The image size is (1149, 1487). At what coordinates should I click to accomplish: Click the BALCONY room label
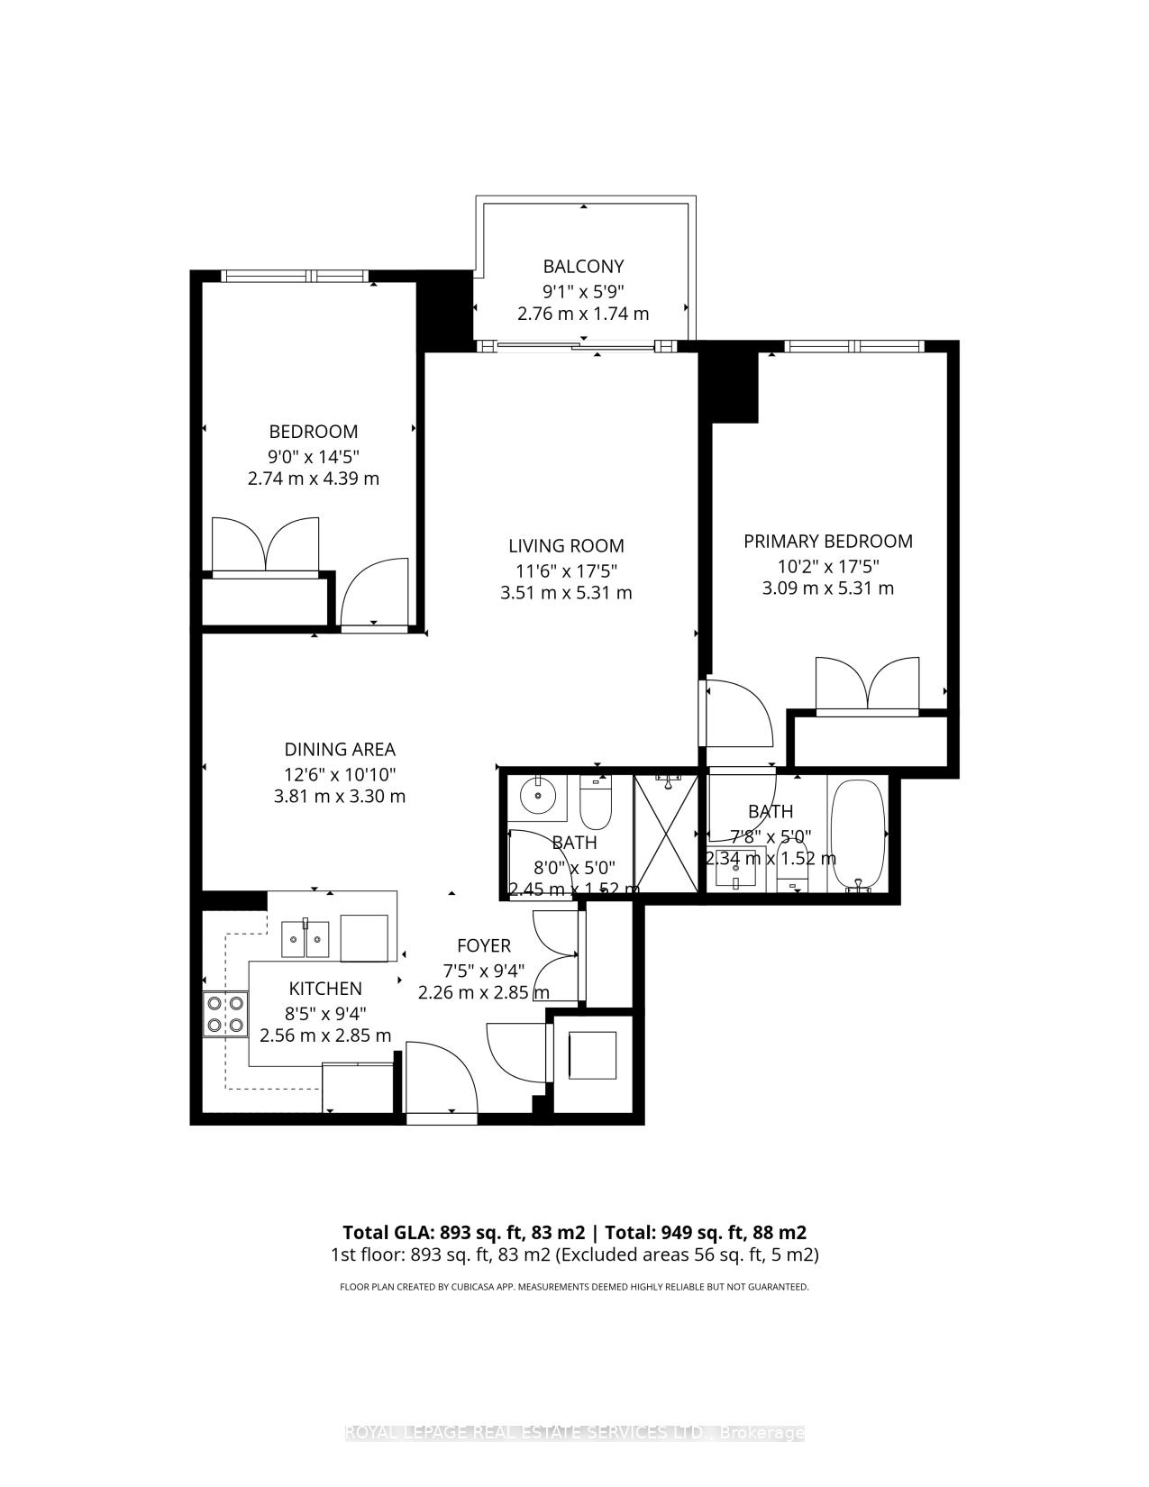(x=583, y=267)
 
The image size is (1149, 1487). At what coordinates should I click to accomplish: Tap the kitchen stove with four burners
(x=225, y=1013)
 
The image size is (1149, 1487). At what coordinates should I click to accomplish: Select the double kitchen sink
(x=305, y=940)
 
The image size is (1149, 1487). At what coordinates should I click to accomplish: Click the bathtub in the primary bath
(x=858, y=835)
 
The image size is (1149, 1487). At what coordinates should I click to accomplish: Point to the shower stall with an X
(x=666, y=833)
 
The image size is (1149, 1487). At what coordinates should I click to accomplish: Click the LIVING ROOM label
(x=566, y=546)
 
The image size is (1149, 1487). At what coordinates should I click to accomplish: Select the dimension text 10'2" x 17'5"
(x=827, y=566)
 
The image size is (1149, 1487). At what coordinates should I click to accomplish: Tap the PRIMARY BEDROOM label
(x=827, y=542)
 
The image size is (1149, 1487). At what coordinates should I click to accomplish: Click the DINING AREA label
(x=340, y=750)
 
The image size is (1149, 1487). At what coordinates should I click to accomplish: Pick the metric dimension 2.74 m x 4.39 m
(x=314, y=479)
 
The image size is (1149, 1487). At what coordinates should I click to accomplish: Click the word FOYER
(x=484, y=945)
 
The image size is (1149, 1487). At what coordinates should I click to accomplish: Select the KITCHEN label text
(x=325, y=989)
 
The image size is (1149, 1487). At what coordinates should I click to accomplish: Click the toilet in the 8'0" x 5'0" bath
(x=596, y=802)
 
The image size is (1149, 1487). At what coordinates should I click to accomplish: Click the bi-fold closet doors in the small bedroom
(x=266, y=546)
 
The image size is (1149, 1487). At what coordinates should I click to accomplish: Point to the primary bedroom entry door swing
(x=737, y=712)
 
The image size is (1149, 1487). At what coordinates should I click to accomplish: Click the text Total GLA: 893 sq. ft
(x=463, y=1232)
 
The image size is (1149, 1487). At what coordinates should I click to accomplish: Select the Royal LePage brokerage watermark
(x=574, y=1432)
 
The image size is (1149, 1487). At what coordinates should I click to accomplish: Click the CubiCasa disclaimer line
(x=574, y=1287)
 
